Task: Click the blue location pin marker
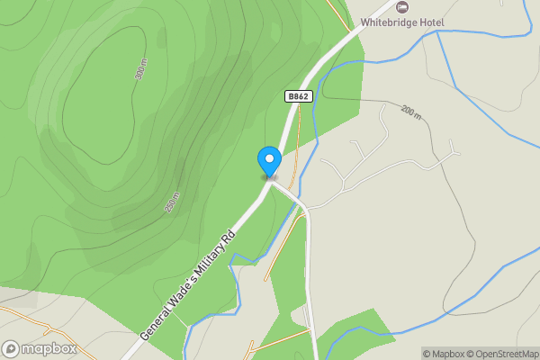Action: pyautogui.click(x=268, y=161)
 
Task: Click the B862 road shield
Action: pyautogui.click(x=299, y=96)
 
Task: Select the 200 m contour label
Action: pyautogui.click(x=411, y=112)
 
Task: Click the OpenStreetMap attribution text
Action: pyautogui.click(x=499, y=354)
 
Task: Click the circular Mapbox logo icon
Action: pyautogui.click(x=11, y=349)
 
